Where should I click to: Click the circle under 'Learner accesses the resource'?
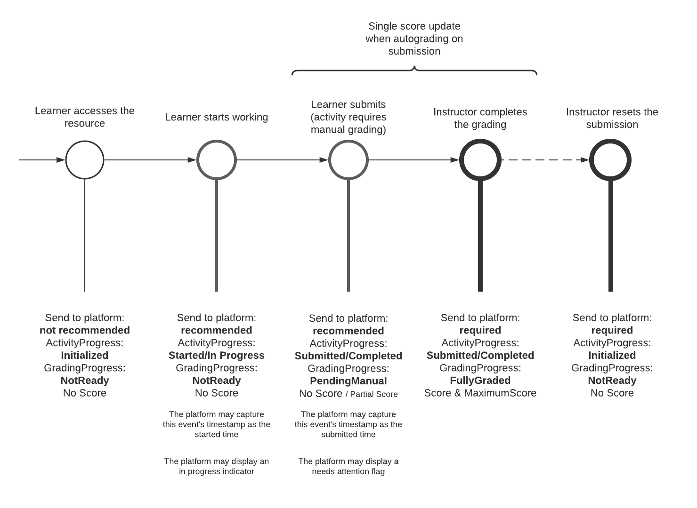(x=85, y=160)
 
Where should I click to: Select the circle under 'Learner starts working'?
(x=217, y=160)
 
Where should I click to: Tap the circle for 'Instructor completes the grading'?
(x=480, y=160)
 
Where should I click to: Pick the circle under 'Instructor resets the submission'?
(x=611, y=160)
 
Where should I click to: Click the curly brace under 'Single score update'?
(x=414, y=71)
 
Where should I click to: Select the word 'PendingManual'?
(x=348, y=381)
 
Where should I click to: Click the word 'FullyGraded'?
(x=480, y=381)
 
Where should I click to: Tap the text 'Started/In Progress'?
(x=217, y=356)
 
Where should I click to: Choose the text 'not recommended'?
(x=85, y=330)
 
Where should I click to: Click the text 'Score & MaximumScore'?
(x=480, y=393)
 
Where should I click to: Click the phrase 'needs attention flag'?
(x=348, y=471)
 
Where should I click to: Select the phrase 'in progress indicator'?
(x=217, y=471)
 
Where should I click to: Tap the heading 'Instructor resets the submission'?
(x=612, y=118)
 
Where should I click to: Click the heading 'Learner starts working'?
(x=217, y=117)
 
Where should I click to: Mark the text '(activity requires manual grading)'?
(x=348, y=124)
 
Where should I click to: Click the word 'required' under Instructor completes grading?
(x=480, y=330)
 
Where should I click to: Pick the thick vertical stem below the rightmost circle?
(x=611, y=235)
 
